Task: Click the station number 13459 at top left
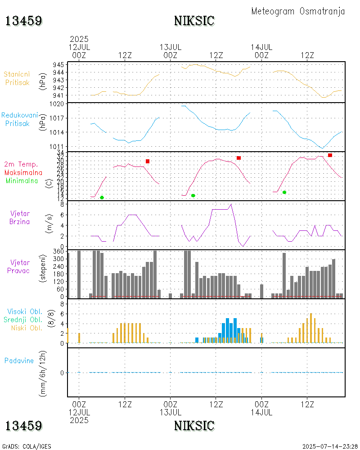(x=24, y=21)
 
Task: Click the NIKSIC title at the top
(x=194, y=21)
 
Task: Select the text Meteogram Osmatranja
(x=298, y=11)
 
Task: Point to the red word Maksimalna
(x=23, y=172)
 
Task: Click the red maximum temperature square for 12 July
(x=148, y=161)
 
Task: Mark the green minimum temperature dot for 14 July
(x=284, y=192)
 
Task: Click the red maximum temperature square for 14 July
(x=330, y=155)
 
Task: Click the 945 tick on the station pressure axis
(x=59, y=64)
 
